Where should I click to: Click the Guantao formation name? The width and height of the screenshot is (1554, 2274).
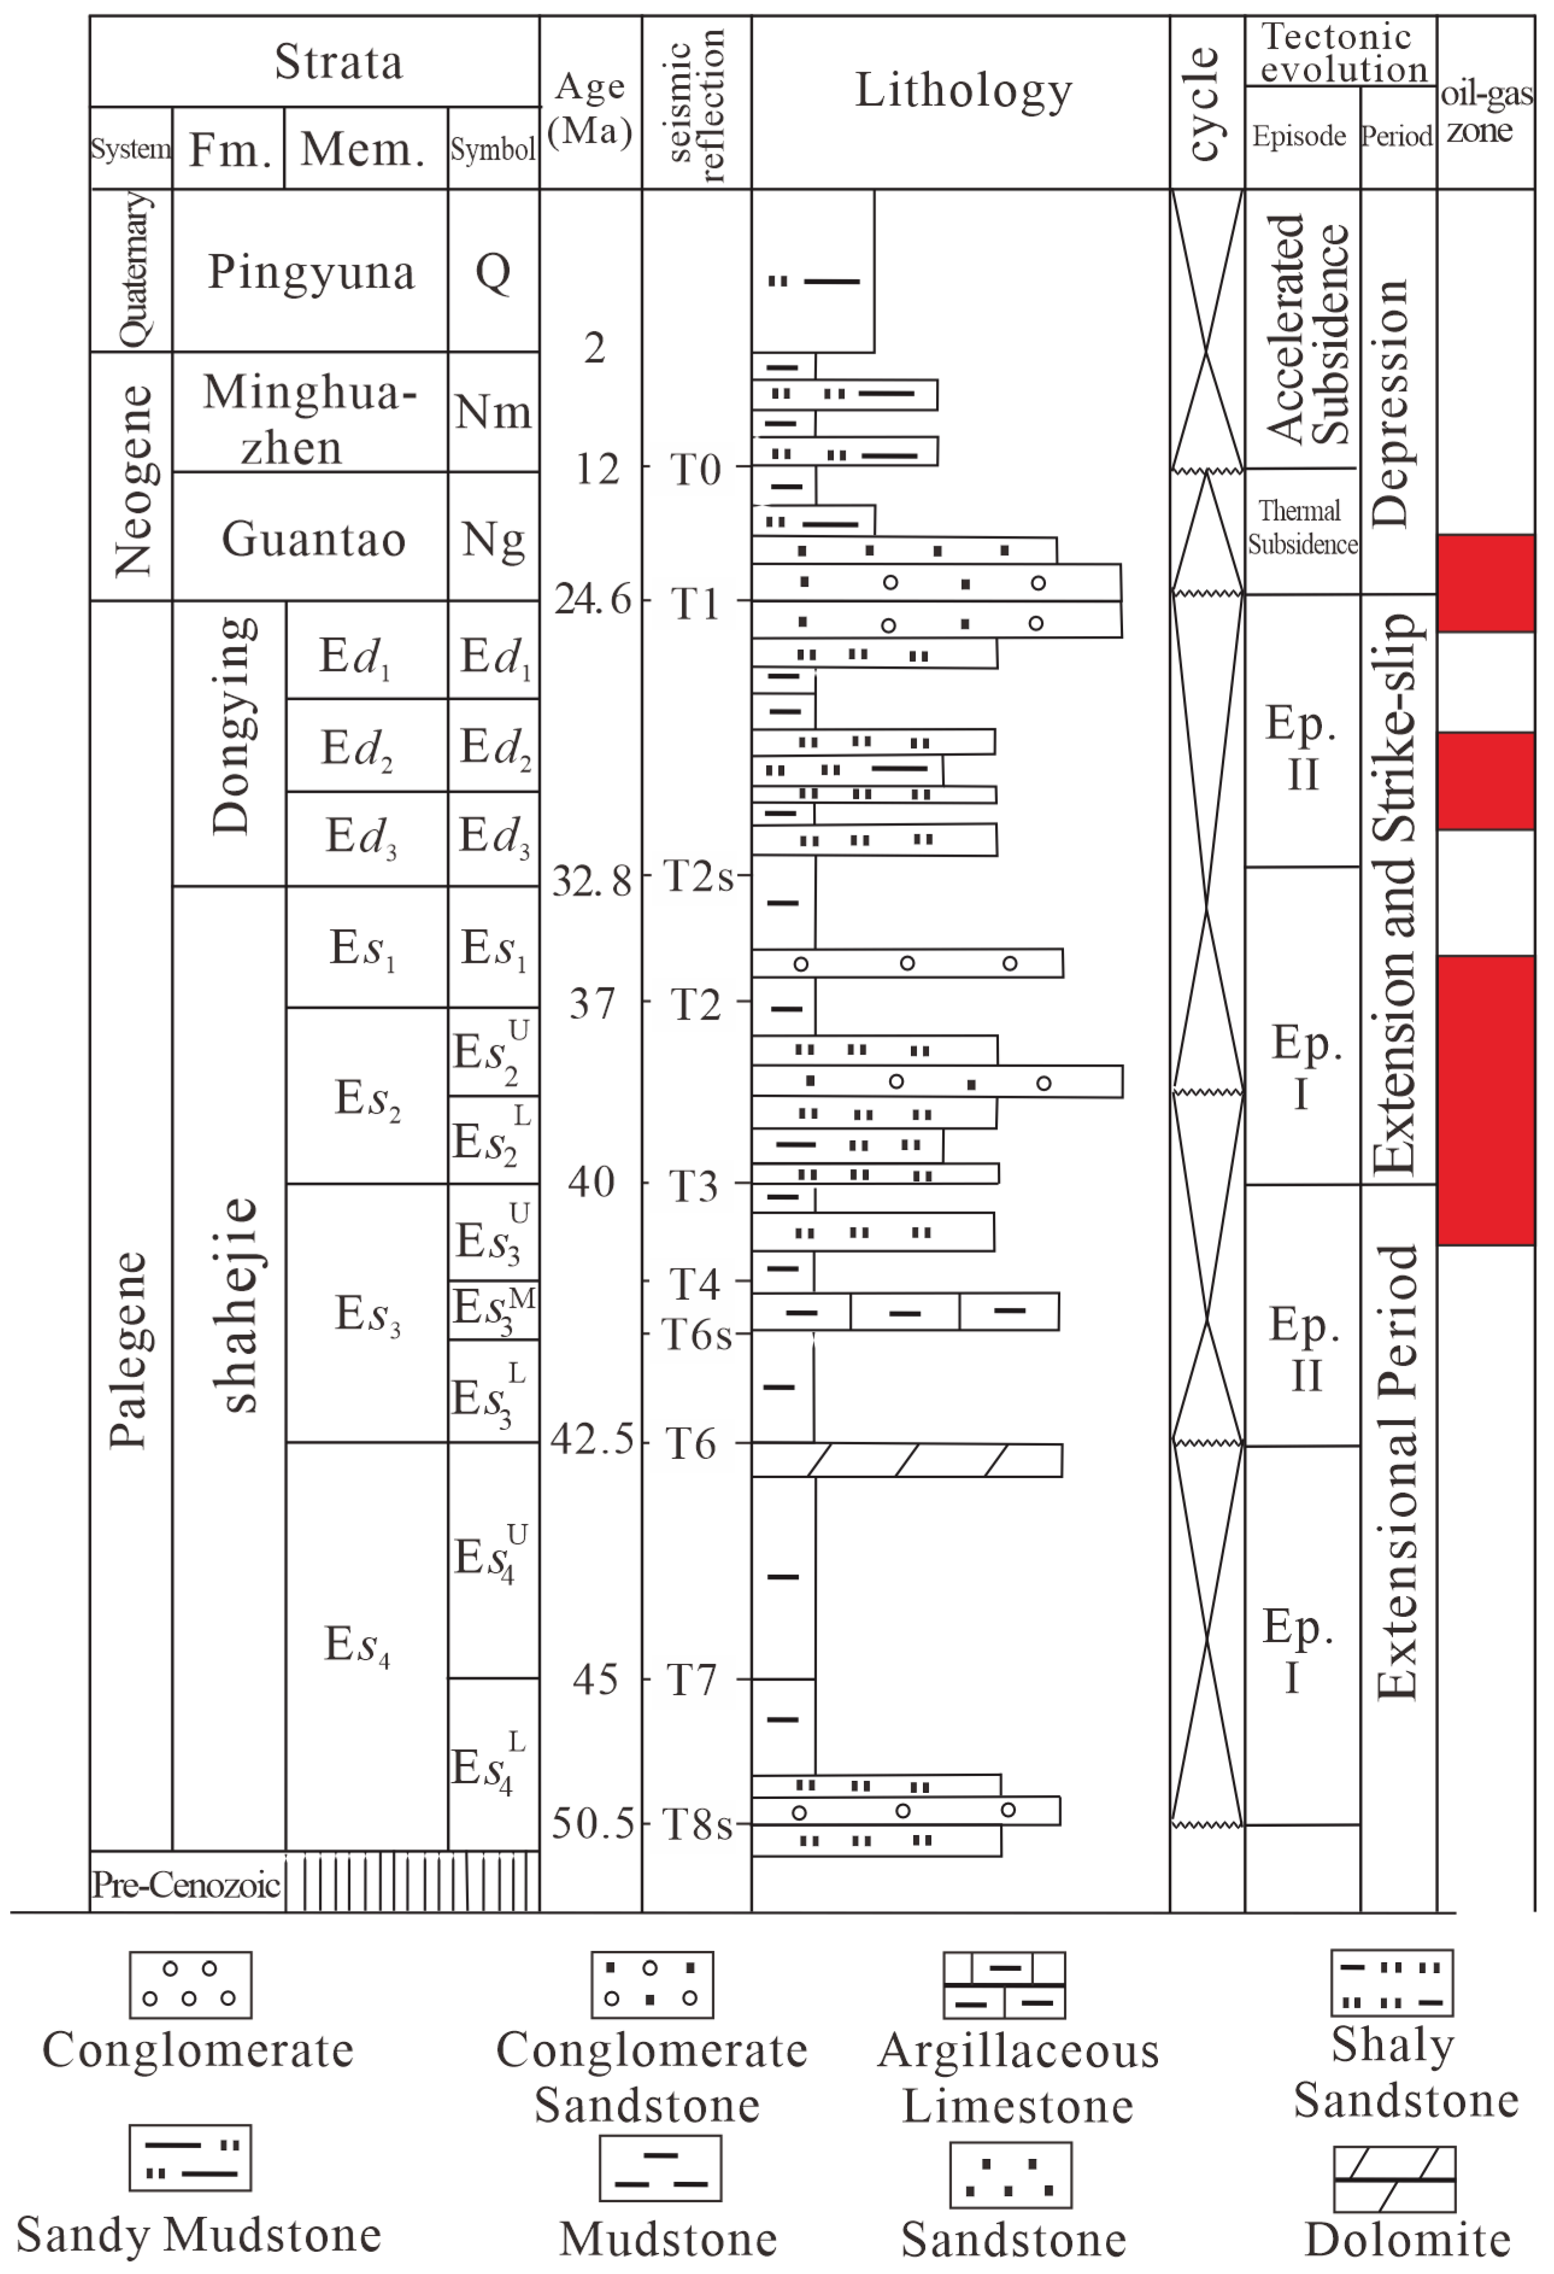[x=313, y=539]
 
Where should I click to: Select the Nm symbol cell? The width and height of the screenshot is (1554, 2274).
[x=493, y=412]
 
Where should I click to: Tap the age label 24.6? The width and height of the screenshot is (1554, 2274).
[x=593, y=599]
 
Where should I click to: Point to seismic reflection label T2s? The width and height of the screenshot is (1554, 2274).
[x=698, y=877]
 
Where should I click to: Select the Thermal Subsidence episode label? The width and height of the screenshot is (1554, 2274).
[x=1301, y=528]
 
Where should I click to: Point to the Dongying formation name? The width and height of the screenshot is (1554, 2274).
[x=232, y=726]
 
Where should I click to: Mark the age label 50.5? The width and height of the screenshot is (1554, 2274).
[x=593, y=1824]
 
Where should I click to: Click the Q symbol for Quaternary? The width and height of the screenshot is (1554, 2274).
[x=493, y=271]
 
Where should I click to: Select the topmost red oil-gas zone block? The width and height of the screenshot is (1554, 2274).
[x=1485, y=583]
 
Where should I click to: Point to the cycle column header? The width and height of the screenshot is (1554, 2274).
[x=1206, y=102]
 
